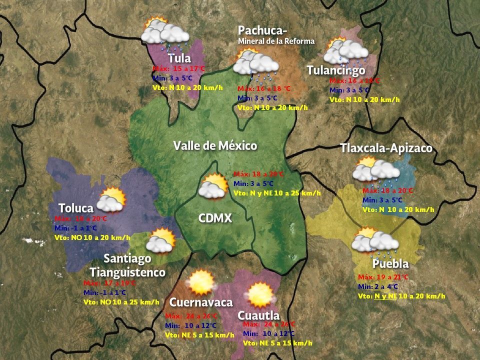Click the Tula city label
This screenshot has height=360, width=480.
179,58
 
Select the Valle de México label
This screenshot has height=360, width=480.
215,146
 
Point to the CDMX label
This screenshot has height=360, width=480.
215,218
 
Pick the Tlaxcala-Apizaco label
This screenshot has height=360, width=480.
386,148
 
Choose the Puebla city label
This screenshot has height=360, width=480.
390,263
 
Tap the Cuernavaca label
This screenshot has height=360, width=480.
201,302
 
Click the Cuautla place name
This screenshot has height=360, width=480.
258,315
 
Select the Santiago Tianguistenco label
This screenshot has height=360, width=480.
127,265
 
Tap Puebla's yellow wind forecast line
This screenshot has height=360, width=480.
401,296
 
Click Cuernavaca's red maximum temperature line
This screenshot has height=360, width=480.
191,316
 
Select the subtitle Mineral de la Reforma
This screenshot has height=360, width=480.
276,41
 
